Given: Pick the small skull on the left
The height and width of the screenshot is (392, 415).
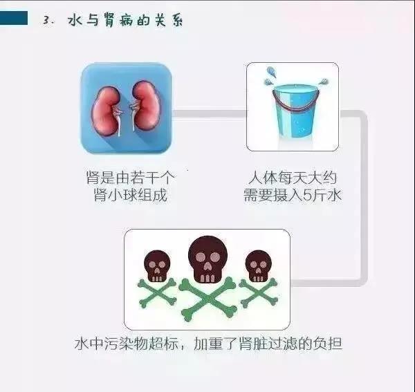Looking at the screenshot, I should pyautogui.click(x=157, y=265).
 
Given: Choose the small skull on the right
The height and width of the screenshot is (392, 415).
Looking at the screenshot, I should pyautogui.click(x=257, y=265).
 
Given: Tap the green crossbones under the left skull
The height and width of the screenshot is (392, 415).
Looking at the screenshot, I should pyautogui.click(x=157, y=295).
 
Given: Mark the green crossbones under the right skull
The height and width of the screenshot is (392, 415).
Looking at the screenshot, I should pyautogui.click(x=258, y=293).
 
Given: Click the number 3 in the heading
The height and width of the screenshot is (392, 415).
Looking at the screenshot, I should pyautogui.click(x=46, y=21).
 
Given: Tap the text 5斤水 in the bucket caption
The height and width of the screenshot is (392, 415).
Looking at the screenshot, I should pyautogui.click(x=325, y=195).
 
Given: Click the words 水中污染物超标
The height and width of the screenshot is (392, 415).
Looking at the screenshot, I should pyautogui.click(x=121, y=342).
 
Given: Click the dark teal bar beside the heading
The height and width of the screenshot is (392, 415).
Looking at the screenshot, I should pyautogui.click(x=14, y=18).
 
